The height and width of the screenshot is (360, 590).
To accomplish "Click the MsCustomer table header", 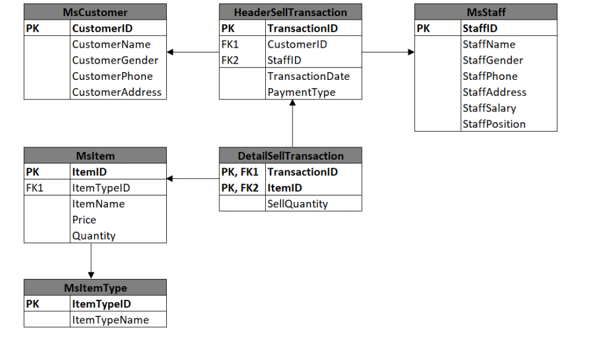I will coord(95,12).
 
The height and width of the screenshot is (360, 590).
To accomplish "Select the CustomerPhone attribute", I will coord(112,76).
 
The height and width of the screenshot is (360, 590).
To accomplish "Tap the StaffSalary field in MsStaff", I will coord(489,108).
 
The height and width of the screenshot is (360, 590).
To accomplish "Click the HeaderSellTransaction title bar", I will coord(290,12).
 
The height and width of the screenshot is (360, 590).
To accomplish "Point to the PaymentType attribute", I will coord(301,92).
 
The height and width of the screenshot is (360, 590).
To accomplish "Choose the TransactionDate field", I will coord(308,76).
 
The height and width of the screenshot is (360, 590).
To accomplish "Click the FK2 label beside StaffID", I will coord(230,60).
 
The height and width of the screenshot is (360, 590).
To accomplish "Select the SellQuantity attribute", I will coord(297,204).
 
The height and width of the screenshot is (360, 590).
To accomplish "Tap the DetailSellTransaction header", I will coord(290,156).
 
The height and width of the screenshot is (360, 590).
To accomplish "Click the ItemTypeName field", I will coord(110,320).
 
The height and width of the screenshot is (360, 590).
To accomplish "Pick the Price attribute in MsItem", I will coord(84,220).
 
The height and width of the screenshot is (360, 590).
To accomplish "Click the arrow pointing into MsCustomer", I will coord(171,52).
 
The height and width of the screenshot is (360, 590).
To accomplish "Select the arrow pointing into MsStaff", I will coord(411,52).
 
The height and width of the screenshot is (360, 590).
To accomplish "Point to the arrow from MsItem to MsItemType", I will coord(91,274).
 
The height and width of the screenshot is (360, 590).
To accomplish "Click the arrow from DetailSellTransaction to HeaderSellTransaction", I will coord(293,103).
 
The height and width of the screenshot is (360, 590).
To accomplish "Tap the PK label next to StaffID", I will coord(423,28).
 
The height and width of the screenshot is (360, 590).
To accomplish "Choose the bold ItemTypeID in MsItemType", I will coord(101,304).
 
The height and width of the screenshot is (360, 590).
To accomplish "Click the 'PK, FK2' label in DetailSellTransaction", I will coord(240,188).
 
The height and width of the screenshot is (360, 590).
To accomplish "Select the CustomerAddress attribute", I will coord(117,92).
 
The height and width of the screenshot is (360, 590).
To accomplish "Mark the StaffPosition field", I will coord(493,125).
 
